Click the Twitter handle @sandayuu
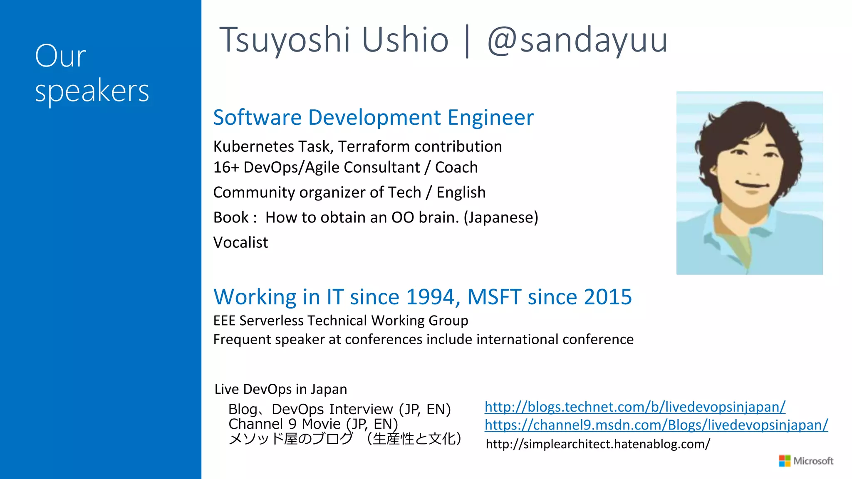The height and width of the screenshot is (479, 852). [x=577, y=40]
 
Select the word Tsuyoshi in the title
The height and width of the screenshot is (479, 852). [x=285, y=40]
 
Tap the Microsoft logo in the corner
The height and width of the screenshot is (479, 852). [x=806, y=461]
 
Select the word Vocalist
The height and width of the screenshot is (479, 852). [x=240, y=242]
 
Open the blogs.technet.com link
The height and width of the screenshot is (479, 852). [x=635, y=407]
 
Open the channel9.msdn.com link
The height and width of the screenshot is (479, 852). [x=656, y=425]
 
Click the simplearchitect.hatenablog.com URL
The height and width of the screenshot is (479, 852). [x=598, y=444]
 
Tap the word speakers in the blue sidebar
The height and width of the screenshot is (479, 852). [x=92, y=91]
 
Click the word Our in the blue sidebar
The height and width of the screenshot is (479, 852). [x=60, y=56]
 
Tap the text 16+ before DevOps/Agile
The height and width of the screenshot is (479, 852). [x=226, y=167]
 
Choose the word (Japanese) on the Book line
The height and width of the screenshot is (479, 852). [x=501, y=217]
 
